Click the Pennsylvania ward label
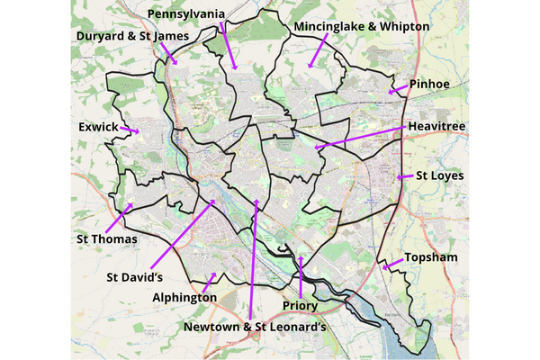point(185,15)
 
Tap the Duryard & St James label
point(133,37)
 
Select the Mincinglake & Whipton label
point(362,28)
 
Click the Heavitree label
point(436,127)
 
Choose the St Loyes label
point(439,175)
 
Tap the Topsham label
point(431,257)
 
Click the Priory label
point(301,306)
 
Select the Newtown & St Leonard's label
point(254,326)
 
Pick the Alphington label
point(184,297)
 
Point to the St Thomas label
point(106,239)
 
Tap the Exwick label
point(98,128)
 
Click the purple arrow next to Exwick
point(130,131)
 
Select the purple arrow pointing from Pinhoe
point(397,89)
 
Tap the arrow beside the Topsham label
point(391,264)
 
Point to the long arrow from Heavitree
point(360,138)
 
